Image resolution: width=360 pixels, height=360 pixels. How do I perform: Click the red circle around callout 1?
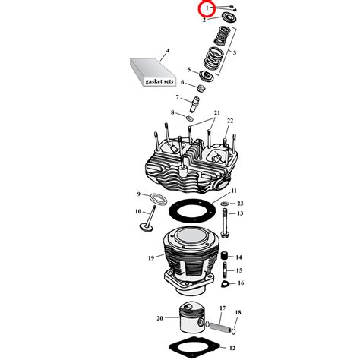[206, 10]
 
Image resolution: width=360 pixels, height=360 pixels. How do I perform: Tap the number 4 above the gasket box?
[168, 51]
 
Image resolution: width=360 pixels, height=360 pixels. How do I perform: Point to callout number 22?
[229, 122]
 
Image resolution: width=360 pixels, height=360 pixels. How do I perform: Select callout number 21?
[216, 113]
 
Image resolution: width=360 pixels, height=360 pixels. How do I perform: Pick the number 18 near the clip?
[238, 312]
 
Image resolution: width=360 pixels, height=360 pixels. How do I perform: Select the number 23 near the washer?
[240, 203]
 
